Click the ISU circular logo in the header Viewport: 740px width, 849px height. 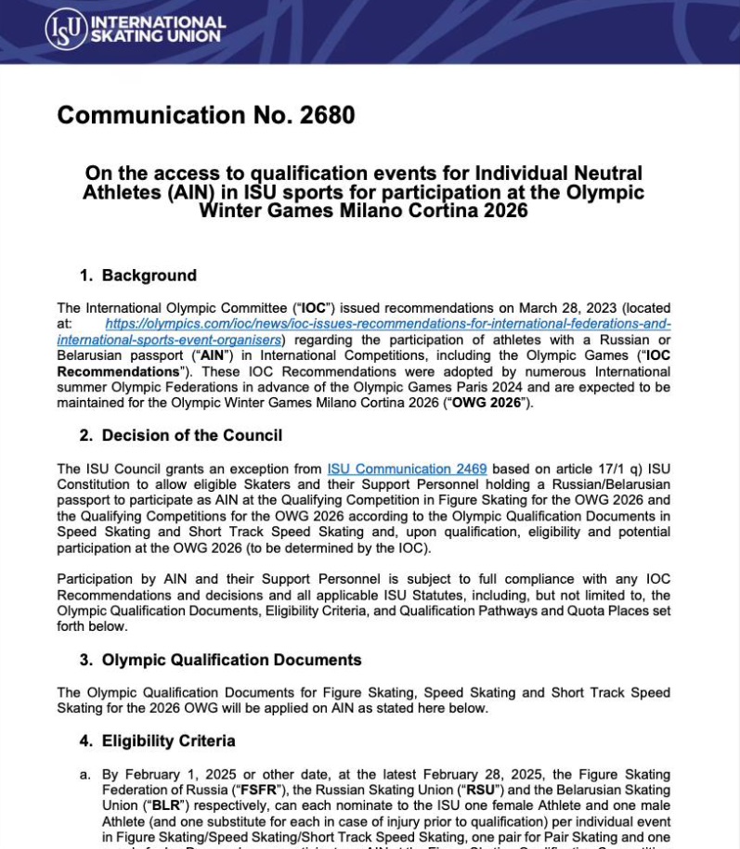tap(66, 30)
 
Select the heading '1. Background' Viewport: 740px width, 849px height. tap(139, 276)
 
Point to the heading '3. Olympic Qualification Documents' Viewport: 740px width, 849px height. tap(222, 660)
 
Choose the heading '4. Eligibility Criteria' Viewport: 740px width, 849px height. tap(159, 740)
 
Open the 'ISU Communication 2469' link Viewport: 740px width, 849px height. tap(407, 469)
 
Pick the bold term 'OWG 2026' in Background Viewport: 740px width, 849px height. tap(489, 403)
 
